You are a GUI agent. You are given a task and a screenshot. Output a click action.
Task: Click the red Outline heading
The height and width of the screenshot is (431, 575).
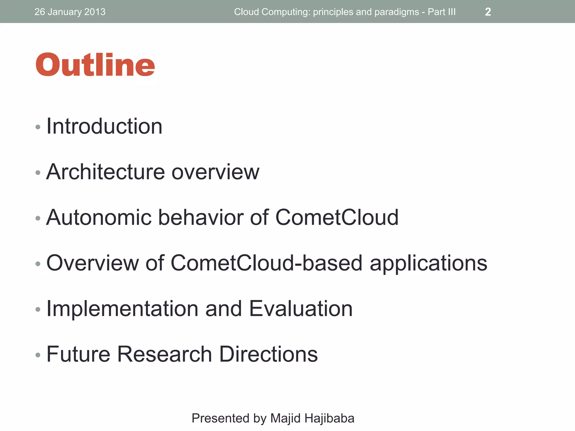pos(95,65)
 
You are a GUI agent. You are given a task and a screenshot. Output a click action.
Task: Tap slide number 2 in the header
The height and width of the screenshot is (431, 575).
pos(488,12)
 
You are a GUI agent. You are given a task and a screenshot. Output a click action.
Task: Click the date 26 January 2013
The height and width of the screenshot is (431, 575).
pos(70,12)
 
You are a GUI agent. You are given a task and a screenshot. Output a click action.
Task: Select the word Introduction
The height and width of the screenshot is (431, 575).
pos(104,126)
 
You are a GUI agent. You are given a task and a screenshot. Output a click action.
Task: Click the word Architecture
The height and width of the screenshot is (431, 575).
pos(105,172)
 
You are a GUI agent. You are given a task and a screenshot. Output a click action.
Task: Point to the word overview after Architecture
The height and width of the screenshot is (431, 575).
pos(215,172)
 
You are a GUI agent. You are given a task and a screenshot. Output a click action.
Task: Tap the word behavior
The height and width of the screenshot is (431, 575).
pos(201,217)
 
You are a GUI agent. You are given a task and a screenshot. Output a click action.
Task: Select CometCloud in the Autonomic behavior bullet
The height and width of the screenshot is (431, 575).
pos(337,217)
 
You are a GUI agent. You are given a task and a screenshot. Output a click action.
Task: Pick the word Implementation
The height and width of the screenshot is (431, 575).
pos(122,309)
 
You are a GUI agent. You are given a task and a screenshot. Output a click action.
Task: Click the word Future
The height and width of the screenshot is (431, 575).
pos(78,354)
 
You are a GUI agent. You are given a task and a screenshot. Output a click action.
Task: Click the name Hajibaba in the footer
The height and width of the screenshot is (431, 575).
pos(329,418)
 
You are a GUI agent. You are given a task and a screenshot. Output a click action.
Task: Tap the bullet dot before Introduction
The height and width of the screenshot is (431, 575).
pos(38,127)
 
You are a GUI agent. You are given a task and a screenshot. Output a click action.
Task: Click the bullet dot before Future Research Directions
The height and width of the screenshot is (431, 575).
pos(38,355)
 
